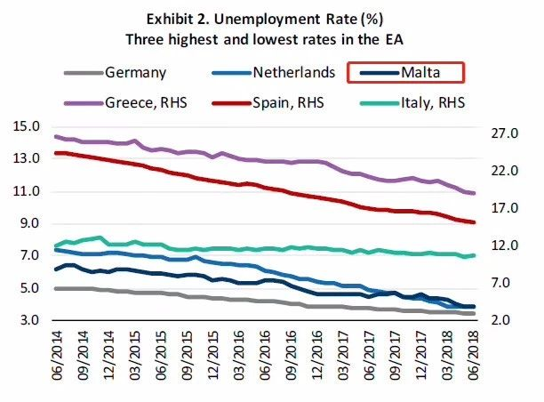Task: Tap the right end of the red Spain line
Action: click(475, 222)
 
